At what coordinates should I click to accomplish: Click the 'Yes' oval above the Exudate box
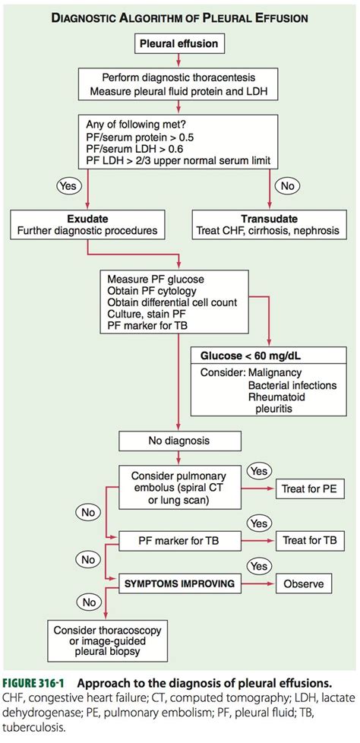(x=68, y=184)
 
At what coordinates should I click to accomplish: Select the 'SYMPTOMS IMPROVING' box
(x=172, y=584)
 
